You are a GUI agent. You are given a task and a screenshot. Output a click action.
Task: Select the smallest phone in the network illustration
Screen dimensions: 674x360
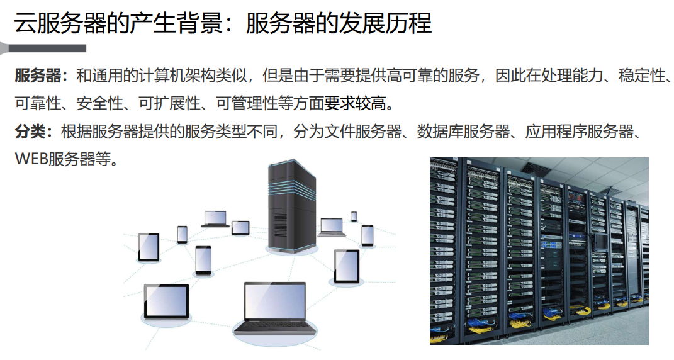pos(354,216)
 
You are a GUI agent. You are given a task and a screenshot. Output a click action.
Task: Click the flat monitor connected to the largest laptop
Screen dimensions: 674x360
pos(166,300)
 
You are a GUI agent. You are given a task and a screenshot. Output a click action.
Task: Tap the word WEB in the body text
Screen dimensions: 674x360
pos(31,159)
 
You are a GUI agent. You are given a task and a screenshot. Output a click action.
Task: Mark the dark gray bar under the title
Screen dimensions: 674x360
pos(44,48)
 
